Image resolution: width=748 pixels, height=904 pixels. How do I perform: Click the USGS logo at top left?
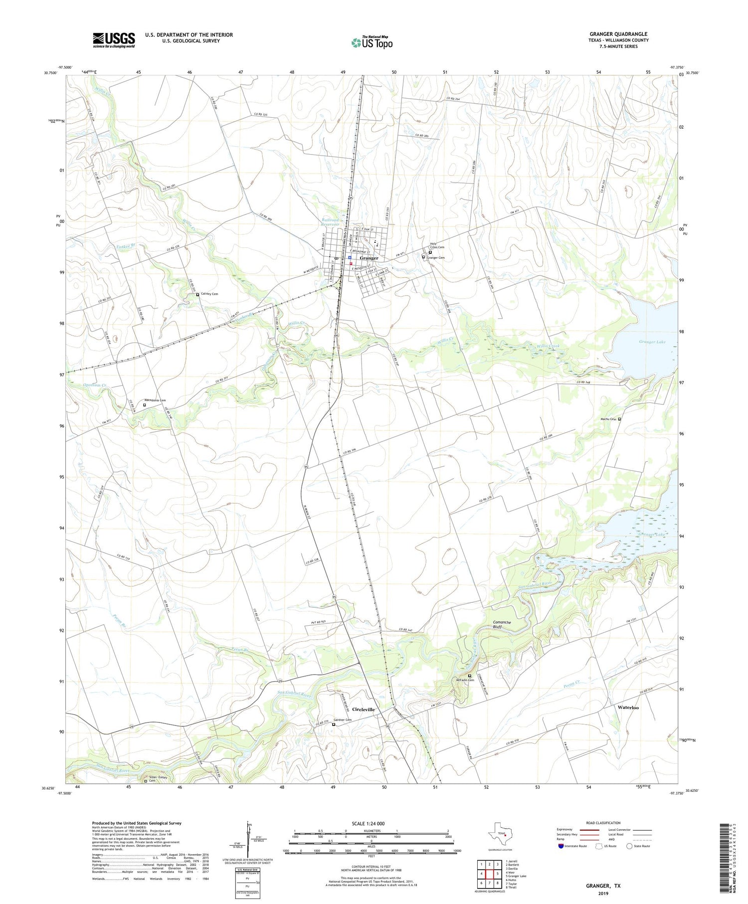coord(114,40)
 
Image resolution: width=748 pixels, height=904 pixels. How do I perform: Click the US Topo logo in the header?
coord(372,43)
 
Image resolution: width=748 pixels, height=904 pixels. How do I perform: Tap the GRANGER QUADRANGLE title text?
coord(618,34)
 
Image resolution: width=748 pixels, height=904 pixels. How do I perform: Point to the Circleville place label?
coord(363,709)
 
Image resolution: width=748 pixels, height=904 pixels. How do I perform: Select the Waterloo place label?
coord(628,707)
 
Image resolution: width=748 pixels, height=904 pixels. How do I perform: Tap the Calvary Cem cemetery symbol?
coord(197,295)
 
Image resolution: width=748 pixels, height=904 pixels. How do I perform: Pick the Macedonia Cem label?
coord(155,400)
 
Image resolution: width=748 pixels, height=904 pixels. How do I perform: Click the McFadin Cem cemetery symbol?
coord(469,676)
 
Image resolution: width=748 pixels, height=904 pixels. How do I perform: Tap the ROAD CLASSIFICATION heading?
coord(603,823)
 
